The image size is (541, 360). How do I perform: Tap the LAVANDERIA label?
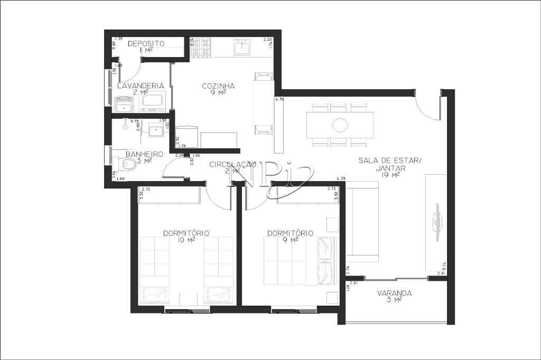coord(140,85)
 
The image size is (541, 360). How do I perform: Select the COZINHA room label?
coord(218,86)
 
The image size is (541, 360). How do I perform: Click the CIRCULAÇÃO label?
coord(232,165)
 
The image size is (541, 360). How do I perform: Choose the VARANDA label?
coord(394,293)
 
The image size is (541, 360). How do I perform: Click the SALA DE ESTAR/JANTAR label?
coord(390,164)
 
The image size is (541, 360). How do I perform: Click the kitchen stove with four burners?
coord(200,48)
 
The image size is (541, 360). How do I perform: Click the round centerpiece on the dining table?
coord(340,125)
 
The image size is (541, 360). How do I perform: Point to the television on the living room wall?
coord(437,222)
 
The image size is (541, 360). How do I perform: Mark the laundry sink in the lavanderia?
coord(124,105)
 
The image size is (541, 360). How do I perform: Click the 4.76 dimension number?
coord(280,99)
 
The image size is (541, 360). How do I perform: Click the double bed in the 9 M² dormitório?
coord(300,261)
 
